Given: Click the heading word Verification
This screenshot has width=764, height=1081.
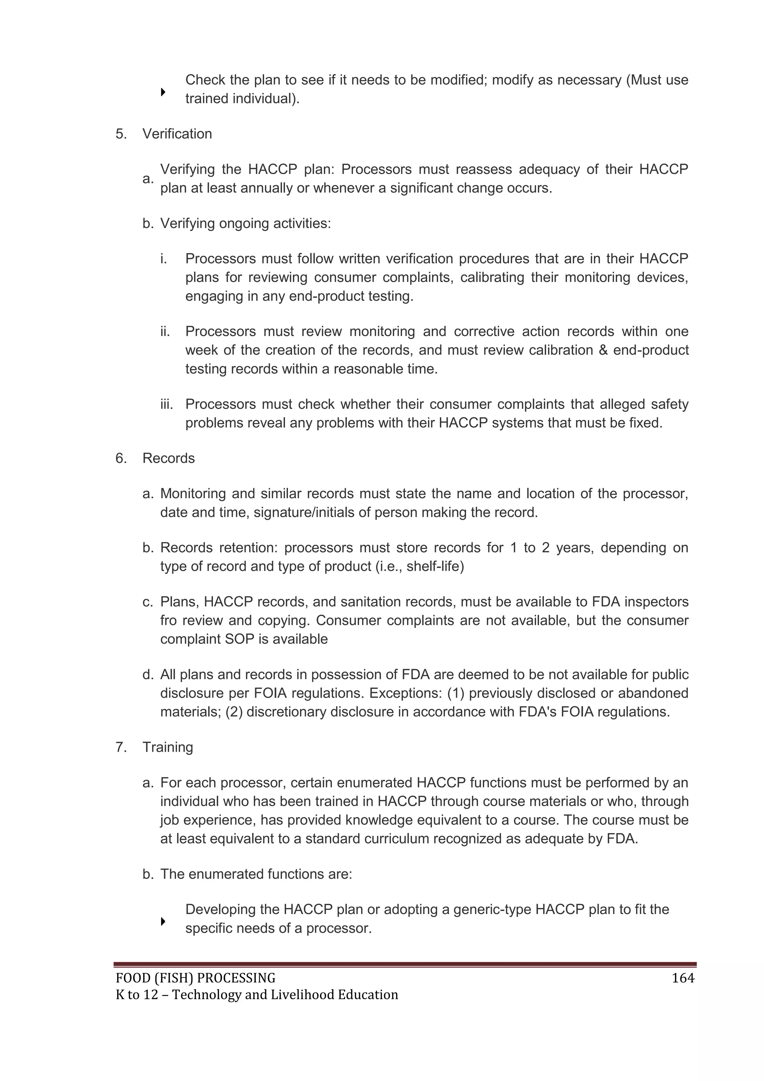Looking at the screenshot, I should point(177,134).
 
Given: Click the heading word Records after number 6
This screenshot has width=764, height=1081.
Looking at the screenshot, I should point(168,458).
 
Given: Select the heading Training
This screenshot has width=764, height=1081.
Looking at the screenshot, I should point(167,747).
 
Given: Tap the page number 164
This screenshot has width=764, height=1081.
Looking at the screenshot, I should point(683,978).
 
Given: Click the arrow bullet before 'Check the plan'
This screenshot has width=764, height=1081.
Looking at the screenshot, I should point(163,92).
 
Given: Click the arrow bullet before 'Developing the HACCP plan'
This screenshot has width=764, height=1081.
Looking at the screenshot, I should point(163,922).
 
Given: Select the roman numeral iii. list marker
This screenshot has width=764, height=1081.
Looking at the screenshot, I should point(166,404).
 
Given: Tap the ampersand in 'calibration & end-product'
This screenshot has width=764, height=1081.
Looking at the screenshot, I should point(603,350).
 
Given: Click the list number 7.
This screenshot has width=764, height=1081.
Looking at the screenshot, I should point(121,747).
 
